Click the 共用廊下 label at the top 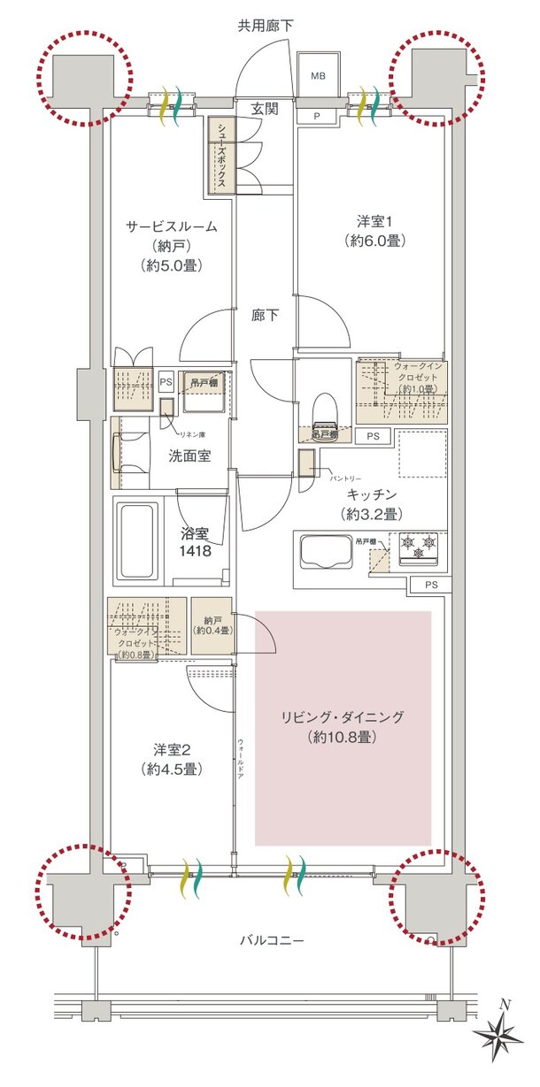265,26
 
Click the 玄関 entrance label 265,109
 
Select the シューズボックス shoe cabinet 221,156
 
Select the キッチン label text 371,495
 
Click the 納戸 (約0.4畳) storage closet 212,626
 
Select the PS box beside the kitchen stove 429,585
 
